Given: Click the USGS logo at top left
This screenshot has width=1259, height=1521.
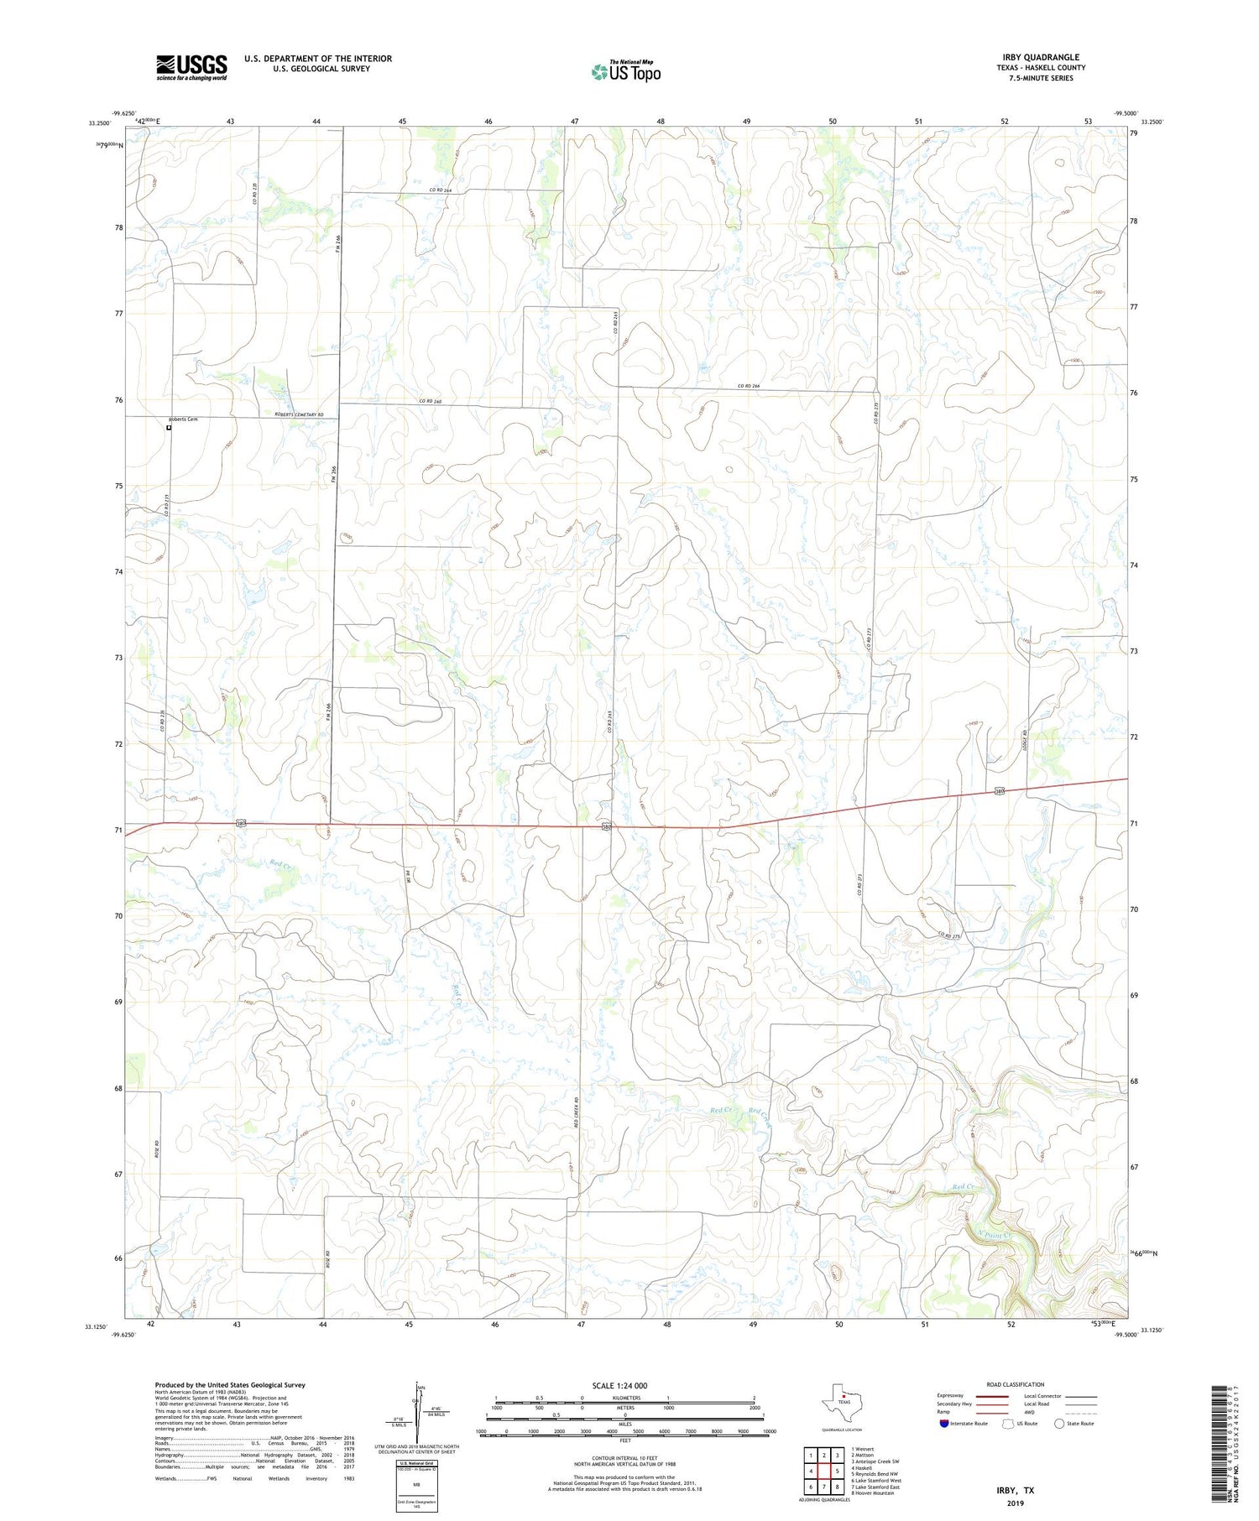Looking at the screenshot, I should click(191, 67).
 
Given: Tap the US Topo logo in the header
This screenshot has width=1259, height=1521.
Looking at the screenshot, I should click(625, 72).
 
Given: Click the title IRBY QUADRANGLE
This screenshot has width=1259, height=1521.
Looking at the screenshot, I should click(1040, 57).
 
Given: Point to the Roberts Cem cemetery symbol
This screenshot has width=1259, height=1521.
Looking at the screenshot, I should click(169, 428).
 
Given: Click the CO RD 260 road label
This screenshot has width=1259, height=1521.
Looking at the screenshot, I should click(431, 402).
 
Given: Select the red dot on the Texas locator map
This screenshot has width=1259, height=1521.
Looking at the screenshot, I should click(844, 1397).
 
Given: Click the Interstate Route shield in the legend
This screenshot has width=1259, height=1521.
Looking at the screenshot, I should click(944, 1424).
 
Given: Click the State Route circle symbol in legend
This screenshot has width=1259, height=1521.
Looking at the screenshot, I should click(1059, 1424).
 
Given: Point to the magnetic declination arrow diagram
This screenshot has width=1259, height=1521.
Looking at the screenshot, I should click(416, 1409).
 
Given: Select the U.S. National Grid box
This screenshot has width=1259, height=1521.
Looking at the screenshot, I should click(416, 1486).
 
